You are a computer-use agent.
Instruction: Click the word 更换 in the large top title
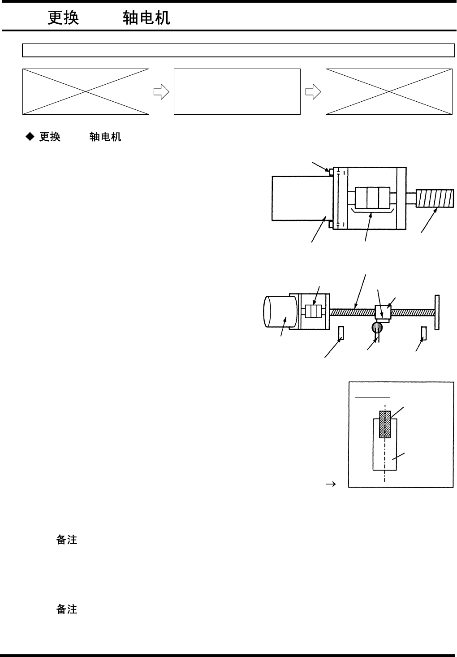click(x=63, y=18)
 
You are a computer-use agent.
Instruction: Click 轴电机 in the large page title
click(x=147, y=18)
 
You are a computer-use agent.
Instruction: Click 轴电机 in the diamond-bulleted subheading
click(x=105, y=137)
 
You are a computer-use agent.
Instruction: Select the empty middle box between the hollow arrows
click(x=237, y=91)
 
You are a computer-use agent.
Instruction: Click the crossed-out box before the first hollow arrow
click(x=86, y=91)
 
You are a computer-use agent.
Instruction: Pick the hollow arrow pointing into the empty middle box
click(x=161, y=92)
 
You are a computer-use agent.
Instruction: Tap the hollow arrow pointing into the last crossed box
click(x=313, y=92)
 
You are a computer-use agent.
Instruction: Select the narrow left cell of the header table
click(x=55, y=51)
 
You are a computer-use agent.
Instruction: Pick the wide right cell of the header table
click(x=271, y=51)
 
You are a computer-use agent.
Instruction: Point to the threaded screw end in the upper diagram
click(x=434, y=199)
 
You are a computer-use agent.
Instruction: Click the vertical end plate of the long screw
click(x=437, y=312)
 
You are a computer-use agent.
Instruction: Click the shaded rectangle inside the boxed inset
click(x=385, y=424)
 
